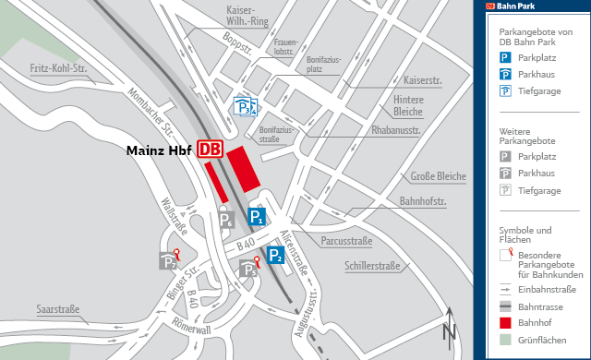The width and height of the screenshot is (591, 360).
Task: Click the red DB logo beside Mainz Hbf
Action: click(x=210, y=150)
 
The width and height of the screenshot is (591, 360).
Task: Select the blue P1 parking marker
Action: click(x=257, y=217)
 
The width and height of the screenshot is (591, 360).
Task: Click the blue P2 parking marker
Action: click(x=274, y=256)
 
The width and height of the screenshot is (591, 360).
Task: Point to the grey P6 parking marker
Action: click(x=225, y=221)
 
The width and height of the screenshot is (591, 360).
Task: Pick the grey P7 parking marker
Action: click(x=167, y=261)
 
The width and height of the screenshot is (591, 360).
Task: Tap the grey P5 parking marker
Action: click(x=247, y=269)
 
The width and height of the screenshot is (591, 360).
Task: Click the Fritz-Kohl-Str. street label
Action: click(x=58, y=68)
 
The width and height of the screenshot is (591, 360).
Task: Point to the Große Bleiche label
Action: click(x=439, y=176)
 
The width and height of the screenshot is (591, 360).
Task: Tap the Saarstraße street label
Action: click(x=58, y=309)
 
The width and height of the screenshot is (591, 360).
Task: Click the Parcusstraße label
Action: click(x=346, y=242)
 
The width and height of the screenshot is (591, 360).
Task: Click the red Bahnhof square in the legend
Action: click(x=505, y=323)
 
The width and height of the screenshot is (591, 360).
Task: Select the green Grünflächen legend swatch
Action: click(x=505, y=341)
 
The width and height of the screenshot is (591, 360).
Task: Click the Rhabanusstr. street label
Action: click(x=396, y=131)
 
